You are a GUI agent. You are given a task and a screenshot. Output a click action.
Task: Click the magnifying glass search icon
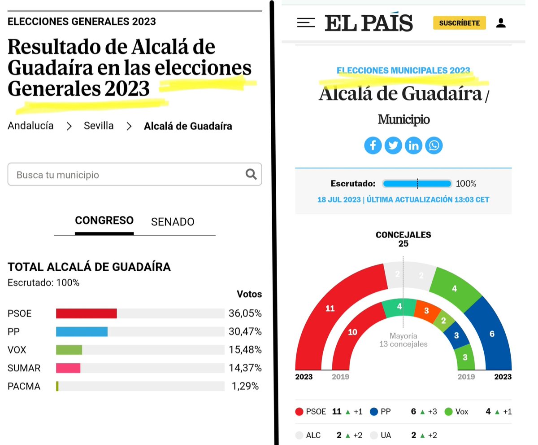click(x=251, y=174)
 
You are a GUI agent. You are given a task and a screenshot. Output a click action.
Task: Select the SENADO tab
click(x=173, y=222)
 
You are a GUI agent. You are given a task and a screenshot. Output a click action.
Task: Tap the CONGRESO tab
click(x=104, y=220)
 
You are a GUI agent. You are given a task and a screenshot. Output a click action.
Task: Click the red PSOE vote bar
click(x=87, y=313)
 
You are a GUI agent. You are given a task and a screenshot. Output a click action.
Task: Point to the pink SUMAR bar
click(x=68, y=368)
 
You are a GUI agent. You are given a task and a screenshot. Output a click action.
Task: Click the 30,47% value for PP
click(x=245, y=332)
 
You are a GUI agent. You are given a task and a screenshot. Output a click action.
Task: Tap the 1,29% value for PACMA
click(x=245, y=386)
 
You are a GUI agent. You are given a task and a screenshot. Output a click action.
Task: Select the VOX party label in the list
click(x=17, y=350)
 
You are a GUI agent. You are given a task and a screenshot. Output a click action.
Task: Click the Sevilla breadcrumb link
click(x=99, y=126)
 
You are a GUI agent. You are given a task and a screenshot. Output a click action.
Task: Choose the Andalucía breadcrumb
click(x=30, y=126)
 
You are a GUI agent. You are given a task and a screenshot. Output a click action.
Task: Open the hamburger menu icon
click(x=306, y=23)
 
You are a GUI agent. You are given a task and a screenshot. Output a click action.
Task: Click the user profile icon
click(x=501, y=23)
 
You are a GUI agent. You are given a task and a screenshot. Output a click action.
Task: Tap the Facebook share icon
click(x=373, y=145)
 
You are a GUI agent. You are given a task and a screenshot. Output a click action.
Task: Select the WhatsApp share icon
click(x=434, y=145)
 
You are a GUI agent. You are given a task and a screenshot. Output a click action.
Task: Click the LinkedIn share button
click(x=413, y=145)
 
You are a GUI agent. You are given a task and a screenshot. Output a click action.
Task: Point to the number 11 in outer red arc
click(x=330, y=308)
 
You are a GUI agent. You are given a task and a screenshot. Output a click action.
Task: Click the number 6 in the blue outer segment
click(x=492, y=334)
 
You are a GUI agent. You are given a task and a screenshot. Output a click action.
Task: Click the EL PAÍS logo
click(x=369, y=23)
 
